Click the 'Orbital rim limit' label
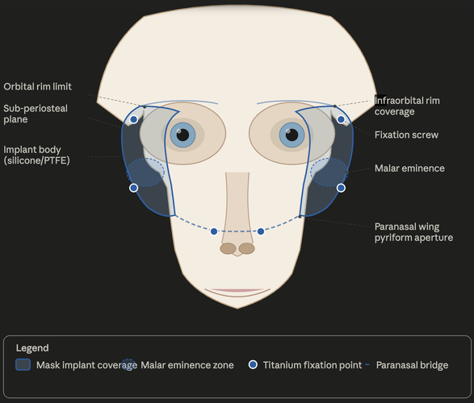point(37,86)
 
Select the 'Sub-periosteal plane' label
point(36,114)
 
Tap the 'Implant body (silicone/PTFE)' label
point(36,155)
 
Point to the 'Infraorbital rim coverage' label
point(407,106)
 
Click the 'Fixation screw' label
point(406,135)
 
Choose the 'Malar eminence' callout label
point(409,168)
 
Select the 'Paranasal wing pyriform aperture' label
point(413,232)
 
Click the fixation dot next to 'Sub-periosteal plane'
point(133,119)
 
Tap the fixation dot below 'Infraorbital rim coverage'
point(341,119)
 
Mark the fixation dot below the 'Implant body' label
point(133,188)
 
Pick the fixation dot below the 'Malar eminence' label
point(341,188)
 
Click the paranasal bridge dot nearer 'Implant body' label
point(214,231)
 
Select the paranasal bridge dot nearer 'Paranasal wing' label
point(261,231)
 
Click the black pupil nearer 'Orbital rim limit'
point(182,135)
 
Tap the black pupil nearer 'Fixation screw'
point(292,135)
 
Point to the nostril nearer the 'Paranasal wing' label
point(247,248)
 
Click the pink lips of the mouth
point(237,290)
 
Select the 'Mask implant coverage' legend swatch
point(23,364)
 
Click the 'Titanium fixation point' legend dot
point(253,364)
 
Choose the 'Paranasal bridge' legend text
point(412,365)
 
